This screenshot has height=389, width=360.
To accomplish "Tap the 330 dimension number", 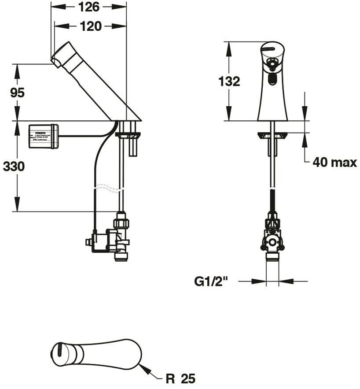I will point(14,167).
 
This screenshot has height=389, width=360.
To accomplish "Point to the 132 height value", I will point(229,82).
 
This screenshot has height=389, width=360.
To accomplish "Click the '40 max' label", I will point(334,163).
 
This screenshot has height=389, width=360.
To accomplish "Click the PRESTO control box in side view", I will point(43,136).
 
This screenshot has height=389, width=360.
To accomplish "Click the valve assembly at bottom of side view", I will point(110,238).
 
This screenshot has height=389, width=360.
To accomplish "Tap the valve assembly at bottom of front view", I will point(272,238).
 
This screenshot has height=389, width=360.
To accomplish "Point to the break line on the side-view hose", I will point(108,188).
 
